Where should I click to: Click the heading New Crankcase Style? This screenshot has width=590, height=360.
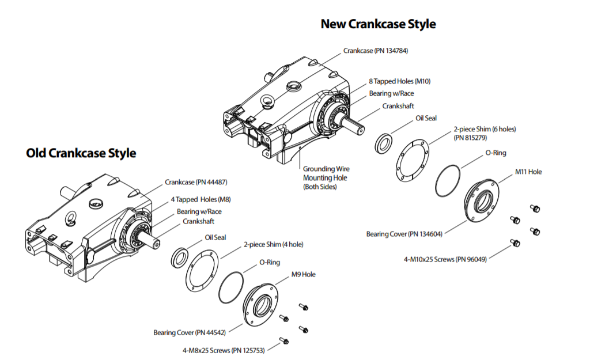pyautogui.click(x=378, y=24)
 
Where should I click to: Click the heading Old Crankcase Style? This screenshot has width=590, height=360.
pyautogui.click(x=81, y=153)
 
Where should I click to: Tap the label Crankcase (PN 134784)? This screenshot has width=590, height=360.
pyautogui.click(x=376, y=51)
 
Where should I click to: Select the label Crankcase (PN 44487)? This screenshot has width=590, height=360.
pyautogui.click(x=196, y=182)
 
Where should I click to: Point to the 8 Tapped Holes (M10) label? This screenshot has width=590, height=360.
pyautogui.click(x=400, y=81)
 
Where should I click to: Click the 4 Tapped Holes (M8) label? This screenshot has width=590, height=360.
pyautogui.click(x=201, y=199)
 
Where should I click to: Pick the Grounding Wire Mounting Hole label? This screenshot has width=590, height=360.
pyautogui.click(x=326, y=178)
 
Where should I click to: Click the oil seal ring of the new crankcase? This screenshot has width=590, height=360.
pyautogui.click(x=384, y=143)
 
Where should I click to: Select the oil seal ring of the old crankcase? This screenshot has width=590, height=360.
pyautogui.click(x=180, y=257)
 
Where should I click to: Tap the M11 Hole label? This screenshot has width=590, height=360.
pyautogui.click(x=528, y=172)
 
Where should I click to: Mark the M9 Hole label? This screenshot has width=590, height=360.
pyautogui.click(x=303, y=275)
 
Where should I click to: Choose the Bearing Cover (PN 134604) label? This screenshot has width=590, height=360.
pyautogui.click(x=404, y=234)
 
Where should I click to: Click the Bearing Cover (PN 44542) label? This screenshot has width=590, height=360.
pyautogui.click(x=190, y=332)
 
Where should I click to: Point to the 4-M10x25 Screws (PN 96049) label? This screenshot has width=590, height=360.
pyautogui.click(x=445, y=259)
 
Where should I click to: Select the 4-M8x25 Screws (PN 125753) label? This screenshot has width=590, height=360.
pyautogui.click(x=224, y=351)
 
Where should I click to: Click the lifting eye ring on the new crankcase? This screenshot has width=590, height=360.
pyautogui.click(x=268, y=101)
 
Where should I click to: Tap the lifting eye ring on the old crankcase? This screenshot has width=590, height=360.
pyautogui.click(x=71, y=218)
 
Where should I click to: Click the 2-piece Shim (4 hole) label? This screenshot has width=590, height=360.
pyautogui.click(x=274, y=245)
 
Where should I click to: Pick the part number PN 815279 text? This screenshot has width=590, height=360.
pyautogui.click(x=470, y=138)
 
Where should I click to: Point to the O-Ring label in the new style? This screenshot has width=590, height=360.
pyautogui.click(x=496, y=153)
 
